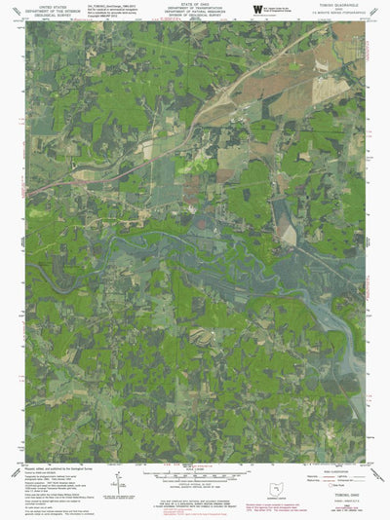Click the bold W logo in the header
pos(256,8)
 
